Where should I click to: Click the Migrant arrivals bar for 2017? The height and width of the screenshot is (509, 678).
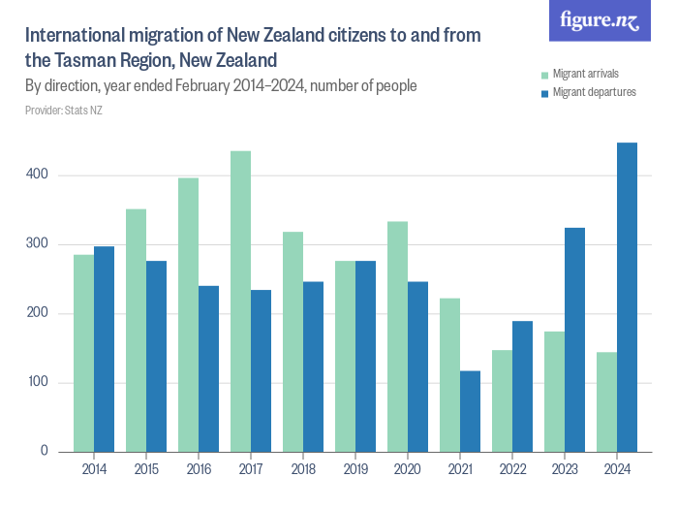240,302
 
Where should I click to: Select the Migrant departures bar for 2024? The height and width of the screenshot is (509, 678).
627,298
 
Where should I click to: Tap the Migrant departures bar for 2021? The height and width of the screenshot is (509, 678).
470,411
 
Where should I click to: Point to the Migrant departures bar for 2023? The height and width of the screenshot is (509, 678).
574,339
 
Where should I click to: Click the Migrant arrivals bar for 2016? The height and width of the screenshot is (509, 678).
188,315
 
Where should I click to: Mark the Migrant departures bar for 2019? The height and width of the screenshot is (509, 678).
365,356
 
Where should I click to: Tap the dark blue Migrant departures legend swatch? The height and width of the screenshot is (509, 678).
545,93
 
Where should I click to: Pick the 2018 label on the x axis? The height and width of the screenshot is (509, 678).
303,468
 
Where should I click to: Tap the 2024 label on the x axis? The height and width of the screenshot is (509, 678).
617,468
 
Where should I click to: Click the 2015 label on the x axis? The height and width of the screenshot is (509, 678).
146,468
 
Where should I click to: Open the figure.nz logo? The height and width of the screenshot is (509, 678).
600,20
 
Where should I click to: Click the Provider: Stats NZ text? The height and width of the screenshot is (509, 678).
64,111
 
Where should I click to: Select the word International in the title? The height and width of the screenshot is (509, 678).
74,36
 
